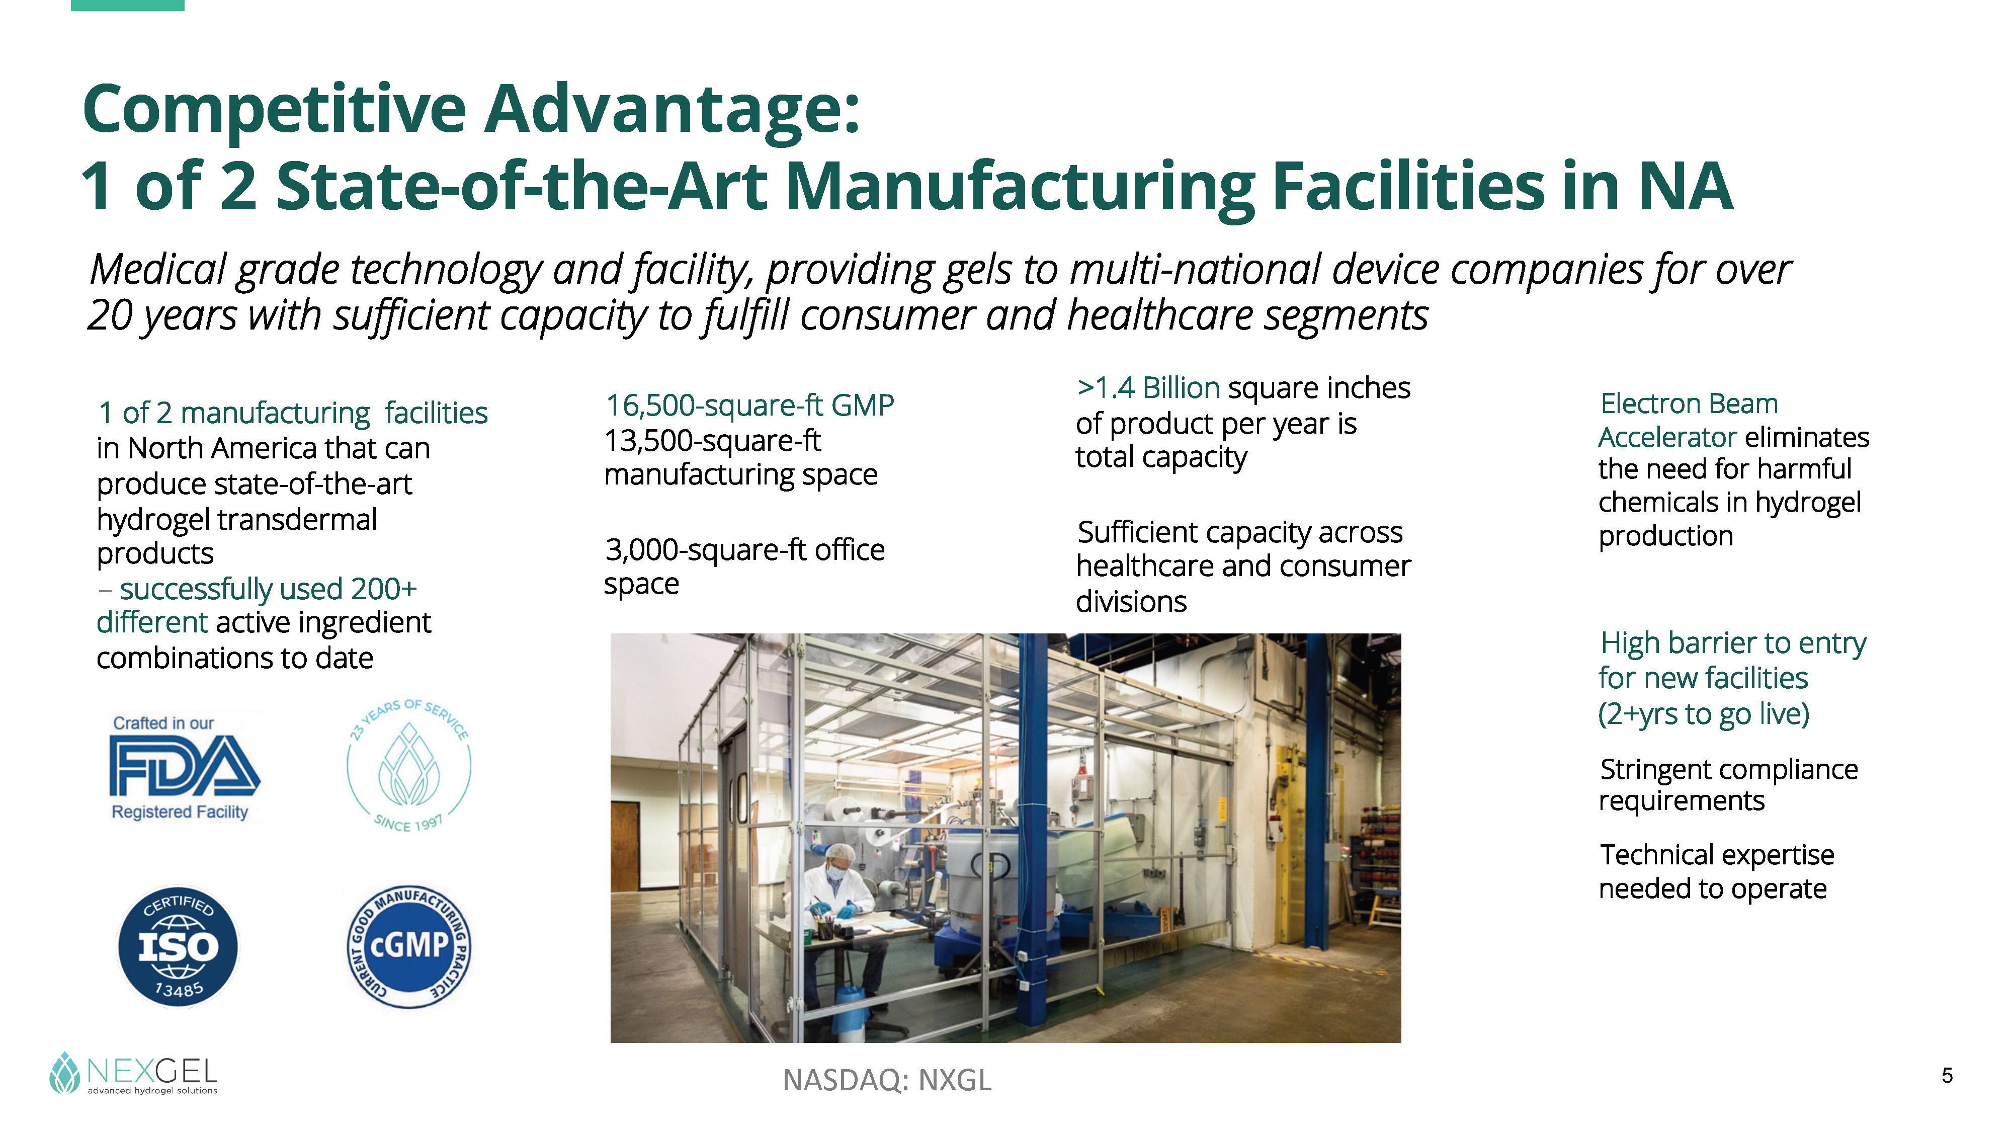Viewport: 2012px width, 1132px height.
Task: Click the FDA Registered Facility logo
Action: tap(184, 767)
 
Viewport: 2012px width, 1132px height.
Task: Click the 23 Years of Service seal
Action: tap(408, 766)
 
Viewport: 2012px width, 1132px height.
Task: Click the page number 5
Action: tap(1947, 1076)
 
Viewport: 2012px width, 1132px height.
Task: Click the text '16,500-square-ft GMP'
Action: tap(750, 406)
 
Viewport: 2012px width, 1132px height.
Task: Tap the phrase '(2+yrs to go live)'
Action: tap(1704, 714)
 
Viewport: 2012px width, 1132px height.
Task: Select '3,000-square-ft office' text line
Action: tap(745, 550)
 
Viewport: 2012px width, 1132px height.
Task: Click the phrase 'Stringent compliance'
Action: tap(1728, 770)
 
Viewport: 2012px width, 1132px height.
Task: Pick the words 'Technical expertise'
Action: tap(1717, 855)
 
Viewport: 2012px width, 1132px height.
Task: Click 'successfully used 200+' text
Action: tap(268, 588)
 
